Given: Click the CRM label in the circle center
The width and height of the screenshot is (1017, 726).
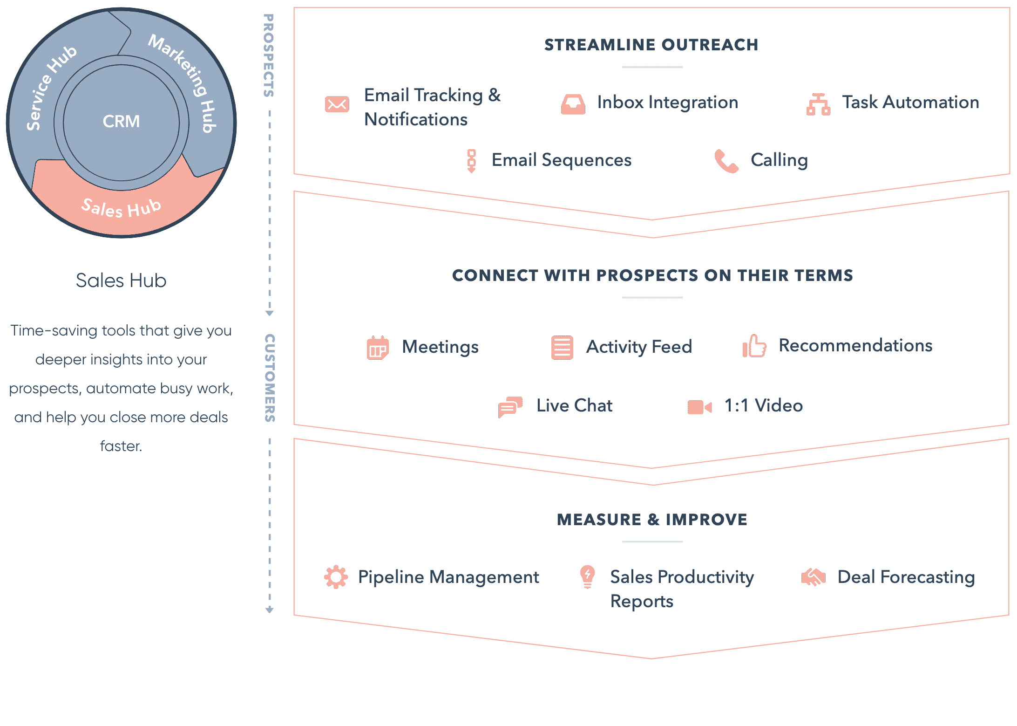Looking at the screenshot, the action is pyautogui.click(x=121, y=122).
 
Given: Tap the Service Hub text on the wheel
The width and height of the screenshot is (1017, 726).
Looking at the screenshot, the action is pyautogui.click(x=50, y=87).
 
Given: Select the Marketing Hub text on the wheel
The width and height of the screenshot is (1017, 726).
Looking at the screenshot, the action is pyautogui.click(x=184, y=82).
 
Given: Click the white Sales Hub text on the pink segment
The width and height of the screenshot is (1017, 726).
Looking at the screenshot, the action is pyautogui.click(x=122, y=208).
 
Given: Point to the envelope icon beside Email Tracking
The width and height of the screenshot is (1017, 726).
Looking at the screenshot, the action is pyautogui.click(x=337, y=104).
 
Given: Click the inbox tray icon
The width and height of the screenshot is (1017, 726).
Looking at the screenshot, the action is pyautogui.click(x=573, y=104).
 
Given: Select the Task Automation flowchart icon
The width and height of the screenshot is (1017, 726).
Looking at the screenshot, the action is pyautogui.click(x=818, y=104).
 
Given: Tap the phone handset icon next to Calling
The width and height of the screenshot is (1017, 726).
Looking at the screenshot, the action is pyautogui.click(x=726, y=161).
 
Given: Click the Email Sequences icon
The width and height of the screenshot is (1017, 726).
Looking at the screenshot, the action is pyautogui.click(x=471, y=161).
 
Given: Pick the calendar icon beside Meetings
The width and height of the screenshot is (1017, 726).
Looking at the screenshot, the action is pyautogui.click(x=378, y=348).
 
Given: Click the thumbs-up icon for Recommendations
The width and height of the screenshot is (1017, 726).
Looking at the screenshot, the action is pyautogui.click(x=754, y=346).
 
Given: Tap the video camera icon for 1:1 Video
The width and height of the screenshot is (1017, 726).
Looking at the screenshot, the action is pyautogui.click(x=700, y=407).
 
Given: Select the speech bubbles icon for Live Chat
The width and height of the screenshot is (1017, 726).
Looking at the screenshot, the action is pyautogui.click(x=510, y=407).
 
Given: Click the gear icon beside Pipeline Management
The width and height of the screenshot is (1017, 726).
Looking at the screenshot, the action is pyautogui.click(x=336, y=577).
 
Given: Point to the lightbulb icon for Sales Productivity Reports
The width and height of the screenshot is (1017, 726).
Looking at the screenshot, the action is pyautogui.click(x=588, y=577).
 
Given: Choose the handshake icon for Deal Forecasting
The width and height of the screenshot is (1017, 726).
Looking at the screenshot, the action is pyautogui.click(x=813, y=577).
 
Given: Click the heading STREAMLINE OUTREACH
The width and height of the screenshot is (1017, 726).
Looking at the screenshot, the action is pyautogui.click(x=651, y=45).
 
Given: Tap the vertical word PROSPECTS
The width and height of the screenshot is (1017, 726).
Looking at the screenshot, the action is pyautogui.click(x=269, y=55).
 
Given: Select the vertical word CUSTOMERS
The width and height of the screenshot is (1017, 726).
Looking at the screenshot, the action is pyautogui.click(x=270, y=378).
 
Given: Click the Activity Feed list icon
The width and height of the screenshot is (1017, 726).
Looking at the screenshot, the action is pyautogui.click(x=562, y=348).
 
